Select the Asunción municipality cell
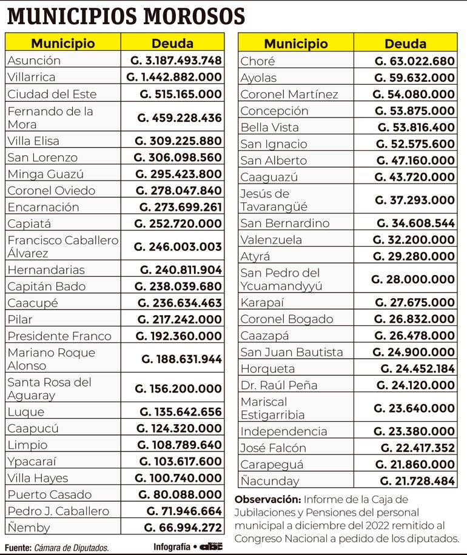34,61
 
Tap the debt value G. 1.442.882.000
174,77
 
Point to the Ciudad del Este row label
52,94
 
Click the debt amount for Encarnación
180,207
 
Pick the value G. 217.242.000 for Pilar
180,319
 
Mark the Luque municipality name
26,412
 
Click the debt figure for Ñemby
183,528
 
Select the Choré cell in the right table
258,61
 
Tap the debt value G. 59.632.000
414,78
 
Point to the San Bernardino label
284,223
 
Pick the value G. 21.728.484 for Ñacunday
417,481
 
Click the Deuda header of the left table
172,44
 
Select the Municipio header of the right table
295,44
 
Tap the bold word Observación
267,500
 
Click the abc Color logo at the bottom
212,546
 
